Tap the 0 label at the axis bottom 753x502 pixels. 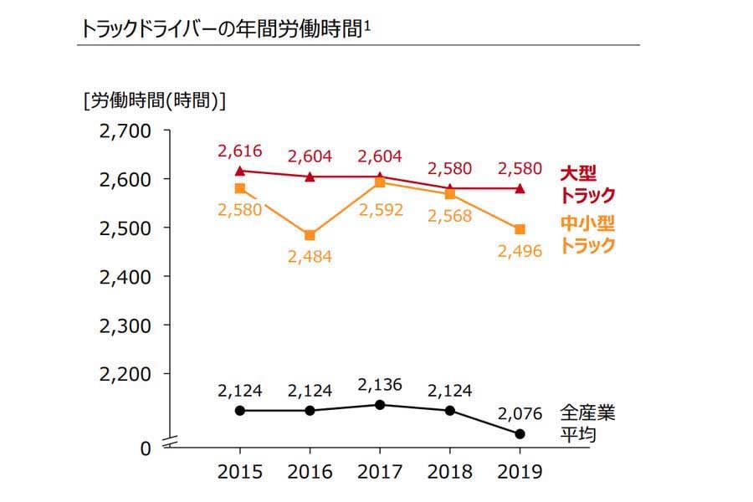(x=145, y=448)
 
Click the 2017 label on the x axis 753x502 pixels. (x=380, y=472)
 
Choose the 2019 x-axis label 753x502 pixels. (x=520, y=472)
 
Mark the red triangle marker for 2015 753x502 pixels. (x=240, y=171)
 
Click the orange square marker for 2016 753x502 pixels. (x=310, y=235)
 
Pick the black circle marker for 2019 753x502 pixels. (x=520, y=433)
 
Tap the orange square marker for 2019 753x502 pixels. (x=520, y=229)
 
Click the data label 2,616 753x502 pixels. (x=240, y=151)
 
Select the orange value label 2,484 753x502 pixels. (x=310, y=257)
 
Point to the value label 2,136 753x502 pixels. (x=380, y=386)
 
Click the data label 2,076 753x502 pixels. (x=520, y=413)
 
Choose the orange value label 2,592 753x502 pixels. (x=380, y=209)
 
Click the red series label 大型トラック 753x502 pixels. (x=587, y=185)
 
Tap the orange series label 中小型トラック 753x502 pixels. (x=587, y=235)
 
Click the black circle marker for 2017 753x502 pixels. (x=380, y=405)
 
